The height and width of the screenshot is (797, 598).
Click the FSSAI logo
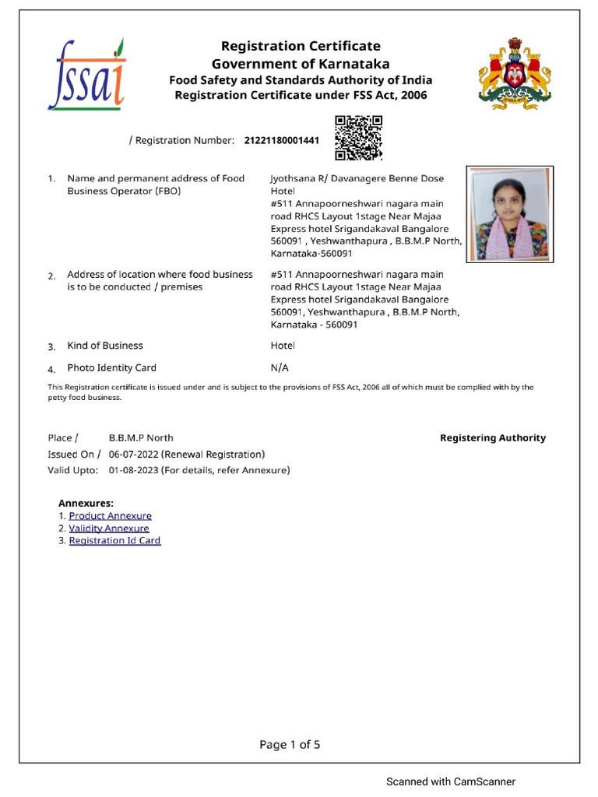pos(85,74)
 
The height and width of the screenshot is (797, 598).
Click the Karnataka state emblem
pos(514,73)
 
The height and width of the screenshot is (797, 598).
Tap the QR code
pos(358,138)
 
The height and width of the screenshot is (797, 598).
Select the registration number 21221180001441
pos(281,141)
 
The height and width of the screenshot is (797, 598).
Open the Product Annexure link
pos(110,516)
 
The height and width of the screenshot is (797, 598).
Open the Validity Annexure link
pos(109,528)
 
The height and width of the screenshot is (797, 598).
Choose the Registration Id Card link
pos(114,541)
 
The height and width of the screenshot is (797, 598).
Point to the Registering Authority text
pos(493,438)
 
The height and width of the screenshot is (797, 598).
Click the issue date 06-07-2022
pos(133,455)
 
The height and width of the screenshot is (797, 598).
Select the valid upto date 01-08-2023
pos(133,470)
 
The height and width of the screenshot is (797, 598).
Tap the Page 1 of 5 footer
pos(290,745)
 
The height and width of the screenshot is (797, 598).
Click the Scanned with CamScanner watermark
pos(451,781)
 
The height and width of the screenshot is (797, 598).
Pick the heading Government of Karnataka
pos(301,64)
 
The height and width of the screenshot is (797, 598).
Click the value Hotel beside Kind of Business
pos(282,346)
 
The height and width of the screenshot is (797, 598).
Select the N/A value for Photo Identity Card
pos(279,368)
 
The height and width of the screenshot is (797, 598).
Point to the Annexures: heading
pos(86,504)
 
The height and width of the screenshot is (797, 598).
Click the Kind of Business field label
pos(105,346)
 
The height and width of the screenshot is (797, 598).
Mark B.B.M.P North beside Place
pos(141,438)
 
